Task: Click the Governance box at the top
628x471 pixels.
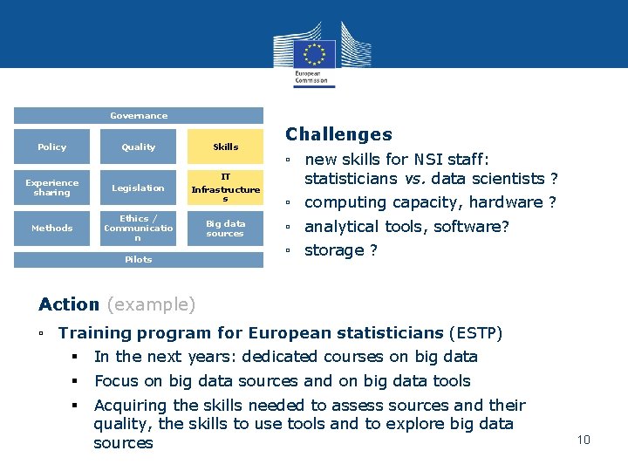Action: [139, 115]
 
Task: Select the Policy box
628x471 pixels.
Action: [52, 147]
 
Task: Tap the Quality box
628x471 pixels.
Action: [139, 147]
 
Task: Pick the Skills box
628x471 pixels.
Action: [225, 147]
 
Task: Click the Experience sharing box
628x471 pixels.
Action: [52, 188]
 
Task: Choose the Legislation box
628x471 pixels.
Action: [139, 188]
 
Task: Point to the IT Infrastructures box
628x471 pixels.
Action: [225, 188]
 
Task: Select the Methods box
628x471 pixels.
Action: [52, 228]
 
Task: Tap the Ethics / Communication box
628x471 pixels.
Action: [139, 228]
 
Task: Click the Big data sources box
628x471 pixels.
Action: [225, 228]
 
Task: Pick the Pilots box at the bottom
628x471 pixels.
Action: [139, 259]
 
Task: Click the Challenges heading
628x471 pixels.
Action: [338, 134]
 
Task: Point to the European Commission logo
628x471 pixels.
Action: [313, 52]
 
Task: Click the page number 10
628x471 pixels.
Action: [584, 439]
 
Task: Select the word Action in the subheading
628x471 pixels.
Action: [69, 304]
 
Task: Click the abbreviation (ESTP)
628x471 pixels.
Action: [475, 332]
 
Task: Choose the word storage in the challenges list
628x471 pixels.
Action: [334, 250]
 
